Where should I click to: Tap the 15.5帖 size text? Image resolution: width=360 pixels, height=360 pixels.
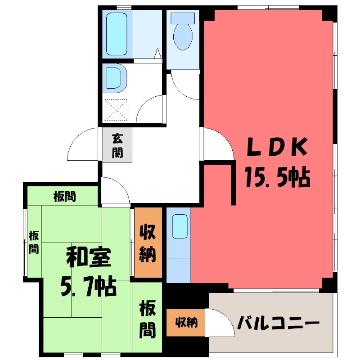click(276, 177)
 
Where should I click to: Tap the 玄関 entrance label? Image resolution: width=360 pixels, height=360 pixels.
click(117, 145)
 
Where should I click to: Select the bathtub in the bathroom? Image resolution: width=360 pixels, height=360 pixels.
click(117, 34)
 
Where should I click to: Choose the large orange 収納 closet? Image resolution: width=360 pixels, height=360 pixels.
click(148, 243)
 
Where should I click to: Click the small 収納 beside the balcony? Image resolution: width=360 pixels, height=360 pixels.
click(186, 322)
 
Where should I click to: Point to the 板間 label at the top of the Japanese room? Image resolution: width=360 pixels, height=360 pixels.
click(64, 196)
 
